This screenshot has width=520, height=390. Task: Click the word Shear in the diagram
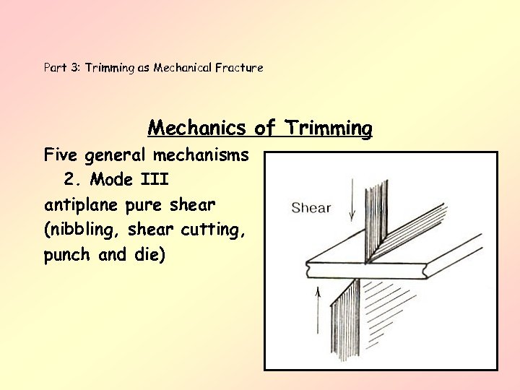point(311,208)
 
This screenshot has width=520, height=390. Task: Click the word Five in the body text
point(61,155)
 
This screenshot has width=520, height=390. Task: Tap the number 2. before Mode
point(71,179)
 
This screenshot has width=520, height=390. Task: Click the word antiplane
point(82,205)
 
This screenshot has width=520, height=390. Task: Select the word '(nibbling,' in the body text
point(81,230)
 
